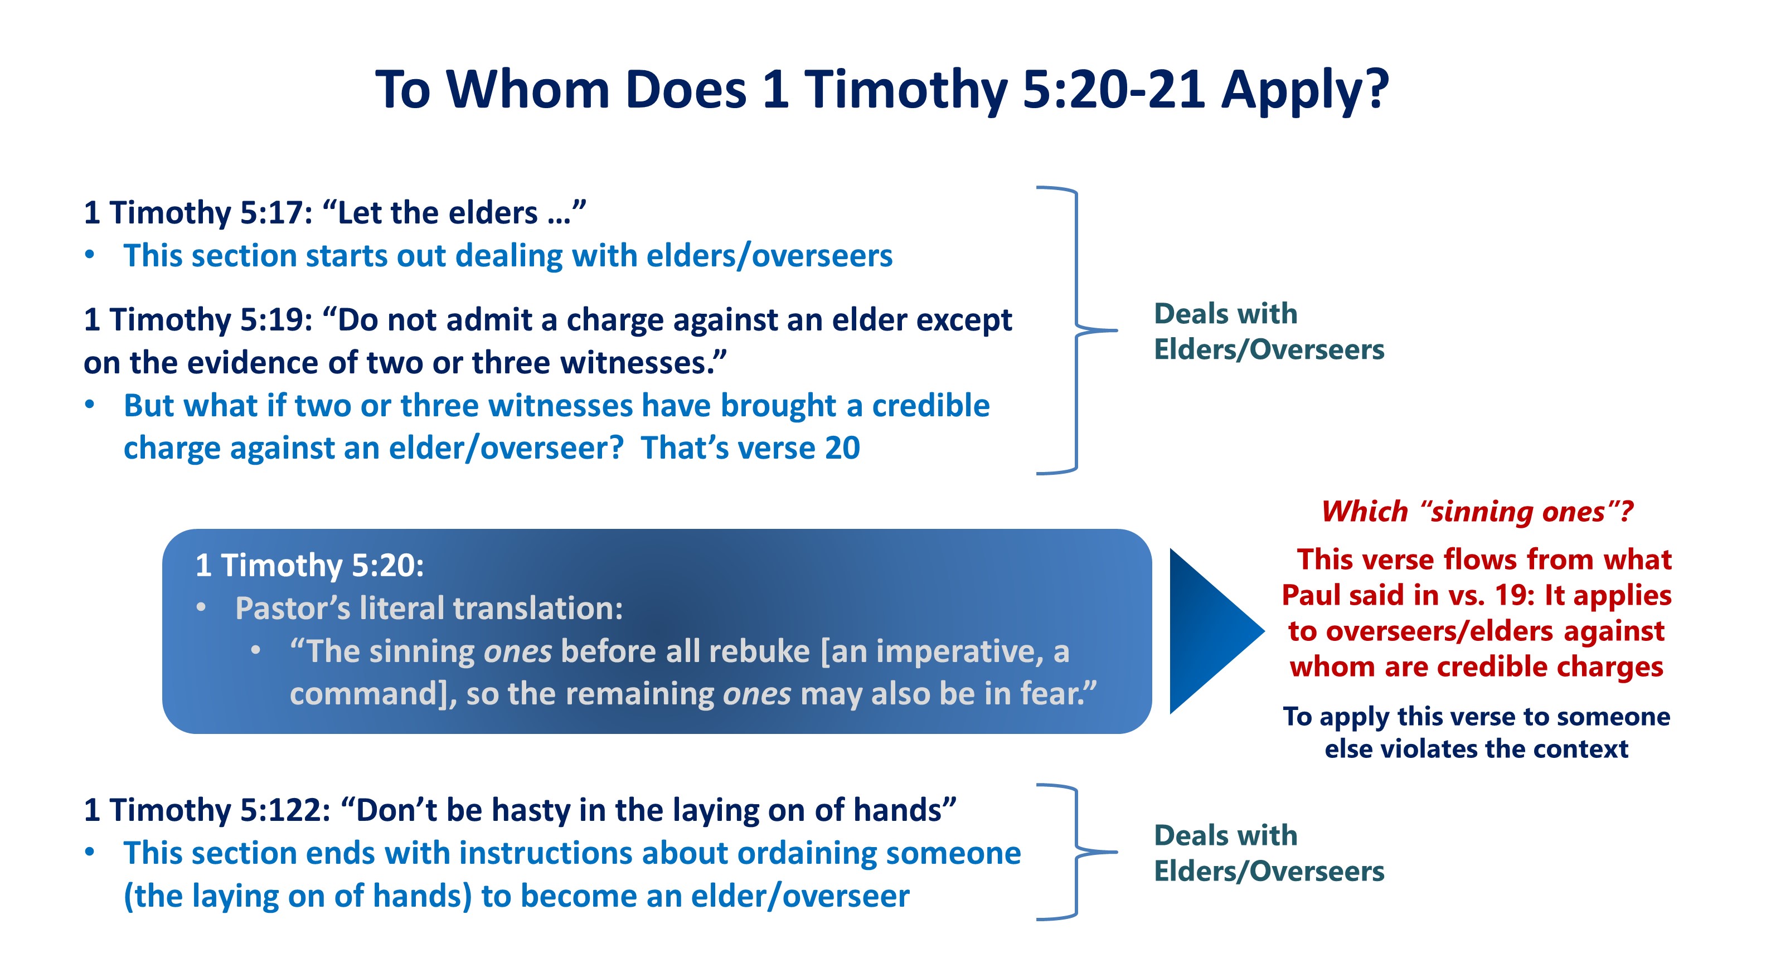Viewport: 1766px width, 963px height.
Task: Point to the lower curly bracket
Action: [1077, 852]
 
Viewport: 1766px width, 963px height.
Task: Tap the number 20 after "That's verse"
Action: [842, 448]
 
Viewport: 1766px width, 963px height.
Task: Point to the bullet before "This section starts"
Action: [90, 255]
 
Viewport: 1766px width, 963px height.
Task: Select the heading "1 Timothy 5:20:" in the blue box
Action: [310, 566]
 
